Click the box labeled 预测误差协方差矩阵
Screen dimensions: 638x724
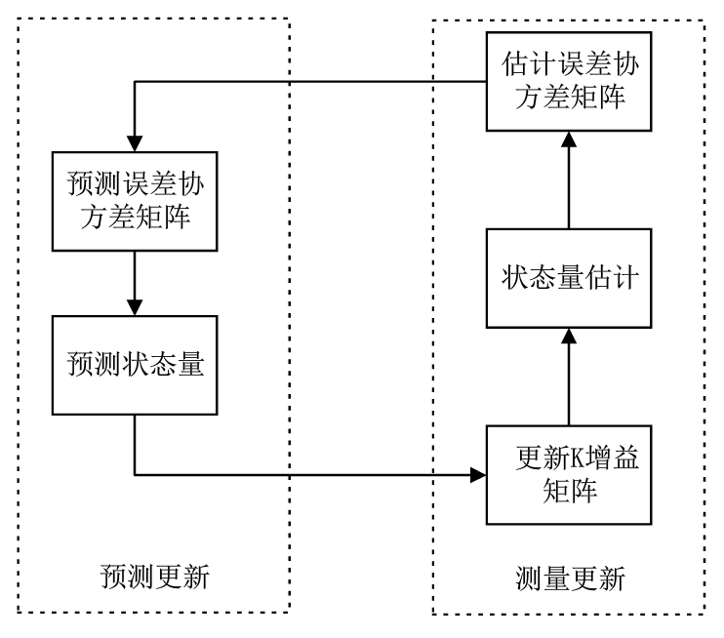pyautogui.click(x=135, y=201)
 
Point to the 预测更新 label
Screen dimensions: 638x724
pyautogui.click(x=156, y=577)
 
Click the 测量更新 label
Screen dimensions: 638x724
pyautogui.click(x=570, y=578)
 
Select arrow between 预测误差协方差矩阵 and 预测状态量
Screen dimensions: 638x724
pyautogui.click(x=135, y=279)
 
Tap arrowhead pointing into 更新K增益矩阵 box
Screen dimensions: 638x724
pyautogui.click(x=478, y=475)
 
